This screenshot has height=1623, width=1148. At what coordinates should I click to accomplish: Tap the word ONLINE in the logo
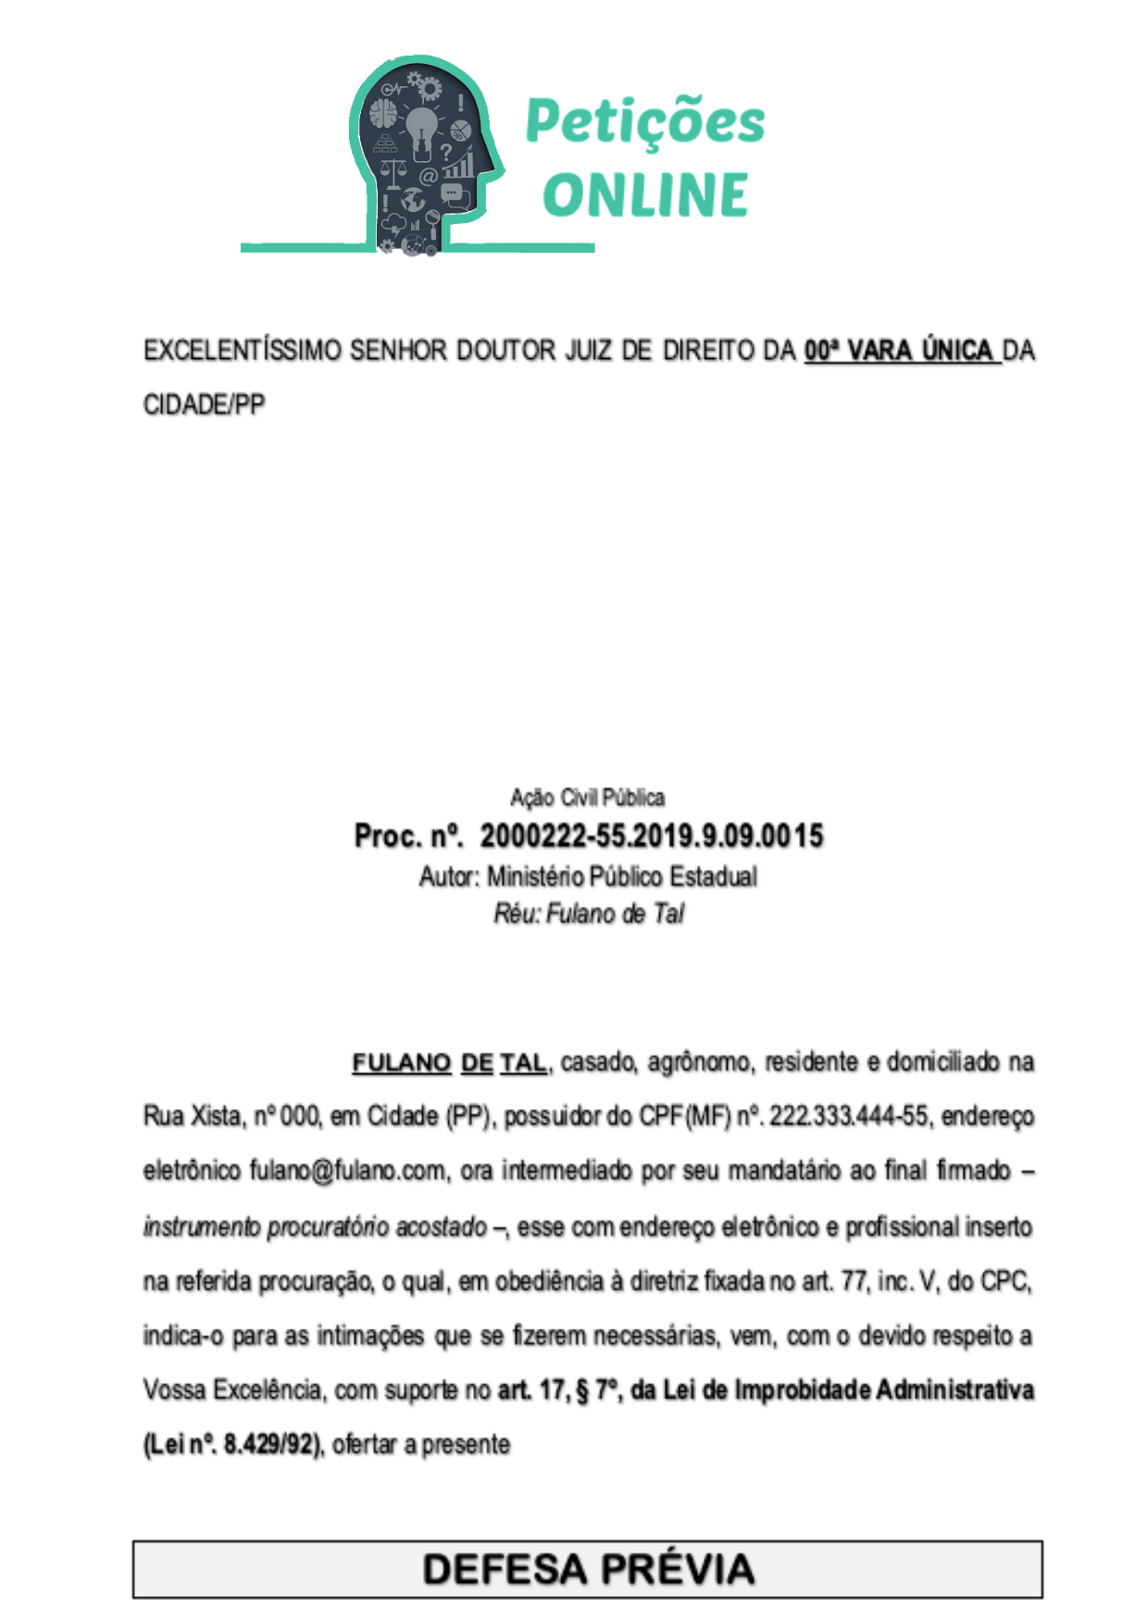pyautogui.click(x=645, y=194)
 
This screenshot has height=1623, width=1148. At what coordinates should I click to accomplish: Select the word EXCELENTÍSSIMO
pyautogui.click(x=243, y=351)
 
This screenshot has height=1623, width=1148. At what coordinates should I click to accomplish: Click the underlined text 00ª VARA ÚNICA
pyautogui.click(x=901, y=351)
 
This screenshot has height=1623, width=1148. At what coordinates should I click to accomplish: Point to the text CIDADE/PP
pyautogui.click(x=205, y=405)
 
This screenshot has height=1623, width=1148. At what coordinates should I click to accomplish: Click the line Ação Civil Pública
pyautogui.click(x=587, y=798)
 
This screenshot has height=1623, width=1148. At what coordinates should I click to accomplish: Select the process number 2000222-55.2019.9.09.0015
pyautogui.click(x=651, y=836)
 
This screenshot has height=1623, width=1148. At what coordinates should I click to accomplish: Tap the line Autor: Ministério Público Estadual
pyautogui.click(x=588, y=876)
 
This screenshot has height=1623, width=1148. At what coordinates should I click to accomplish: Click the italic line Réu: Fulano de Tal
pyautogui.click(x=588, y=914)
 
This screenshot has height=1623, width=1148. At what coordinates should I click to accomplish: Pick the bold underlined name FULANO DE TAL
pyautogui.click(x=450, y=1062)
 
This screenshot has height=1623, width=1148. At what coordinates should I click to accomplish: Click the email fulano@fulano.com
pyautogui.click(x=347, y=1171)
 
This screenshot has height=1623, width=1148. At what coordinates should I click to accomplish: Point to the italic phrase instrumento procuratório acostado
pyautogui.click(x=315, y=1227)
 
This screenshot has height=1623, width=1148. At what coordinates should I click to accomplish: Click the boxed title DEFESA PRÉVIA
pyautogui.click(x=588, y=1569)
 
